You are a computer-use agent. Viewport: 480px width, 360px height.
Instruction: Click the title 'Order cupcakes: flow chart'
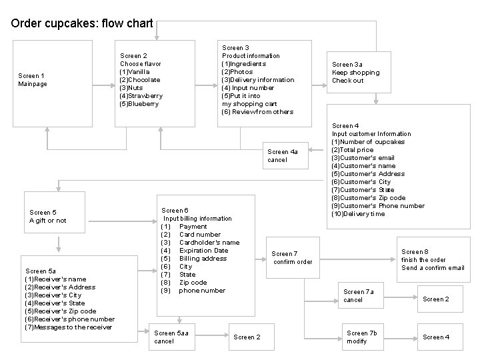(x=81, y=24)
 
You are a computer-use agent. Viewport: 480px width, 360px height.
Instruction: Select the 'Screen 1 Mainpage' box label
(x=33, y=80)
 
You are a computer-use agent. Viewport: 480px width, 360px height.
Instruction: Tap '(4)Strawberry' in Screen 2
(x=141, y=96)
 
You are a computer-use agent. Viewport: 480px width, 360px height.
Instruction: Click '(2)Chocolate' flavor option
(x=139, y=80)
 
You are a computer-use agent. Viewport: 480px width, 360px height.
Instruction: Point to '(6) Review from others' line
(x=257, y=112)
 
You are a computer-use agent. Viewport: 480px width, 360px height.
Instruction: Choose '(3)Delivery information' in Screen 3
(x=257, y=80)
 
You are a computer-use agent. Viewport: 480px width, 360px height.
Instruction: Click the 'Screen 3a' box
(x=356, y=72)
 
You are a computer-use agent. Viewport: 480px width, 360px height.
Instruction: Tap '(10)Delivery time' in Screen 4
(x=358, y=214)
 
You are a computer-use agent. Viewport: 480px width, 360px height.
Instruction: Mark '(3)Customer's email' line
(x=363, y=158)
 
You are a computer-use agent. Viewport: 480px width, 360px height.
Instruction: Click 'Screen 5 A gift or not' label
(x=48, y=217)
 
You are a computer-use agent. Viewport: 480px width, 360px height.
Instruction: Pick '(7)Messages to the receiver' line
(x=68, y=327)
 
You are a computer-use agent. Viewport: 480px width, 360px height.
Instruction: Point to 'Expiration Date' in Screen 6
(x=203, y=251)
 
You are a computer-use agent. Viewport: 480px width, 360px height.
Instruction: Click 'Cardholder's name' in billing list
(x=209, y=243)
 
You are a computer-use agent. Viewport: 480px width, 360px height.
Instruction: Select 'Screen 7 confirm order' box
(x=292, y=257)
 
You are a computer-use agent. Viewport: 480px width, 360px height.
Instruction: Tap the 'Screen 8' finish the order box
(x=433, y=260)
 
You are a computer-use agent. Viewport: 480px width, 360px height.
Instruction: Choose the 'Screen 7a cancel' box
(x=359, y=296)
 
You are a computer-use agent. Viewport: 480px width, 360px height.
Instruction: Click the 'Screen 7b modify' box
(x=362, y=337)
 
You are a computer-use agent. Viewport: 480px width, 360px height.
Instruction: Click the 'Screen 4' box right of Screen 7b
(x=436, y=337)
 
